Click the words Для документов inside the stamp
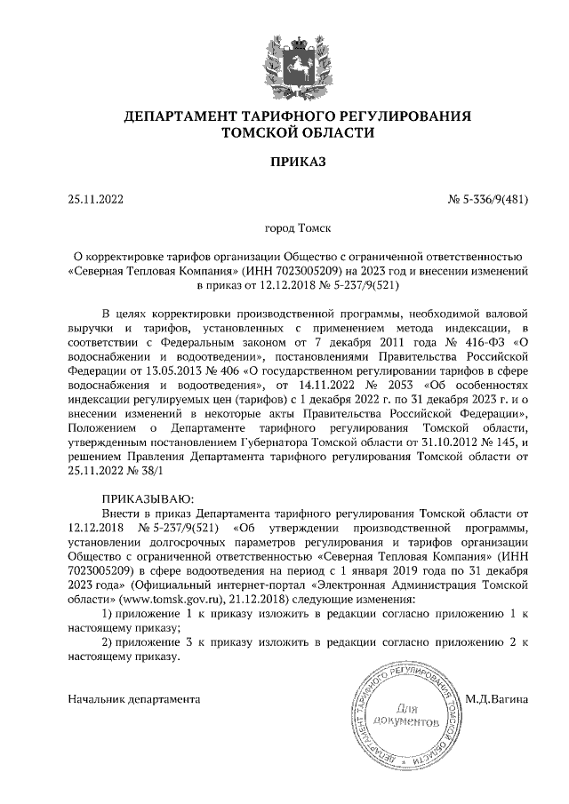[413, 716]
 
